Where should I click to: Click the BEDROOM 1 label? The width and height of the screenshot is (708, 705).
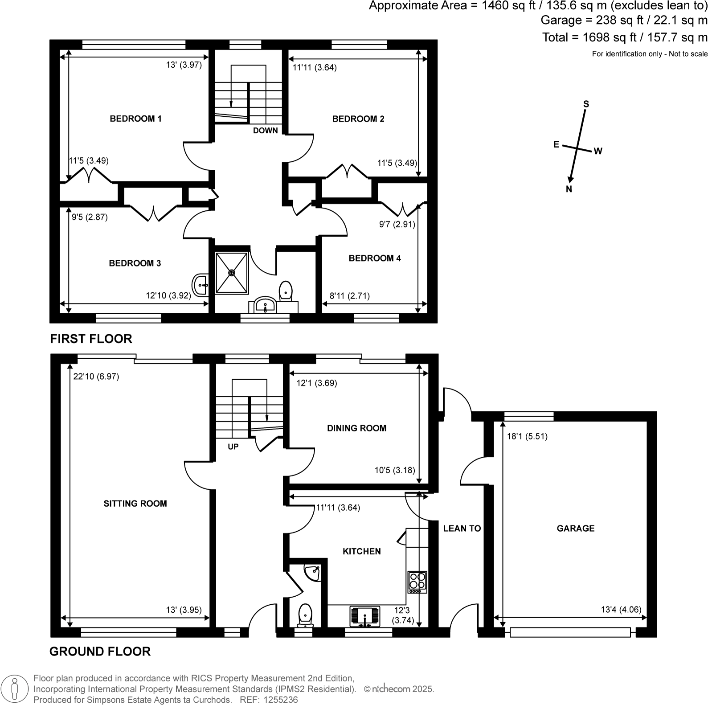135,119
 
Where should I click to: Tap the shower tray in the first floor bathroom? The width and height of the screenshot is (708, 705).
232,273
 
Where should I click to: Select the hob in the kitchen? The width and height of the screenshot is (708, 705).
417,582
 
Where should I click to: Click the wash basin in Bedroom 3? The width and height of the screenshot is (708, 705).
201,285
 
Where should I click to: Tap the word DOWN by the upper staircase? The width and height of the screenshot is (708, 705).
265,131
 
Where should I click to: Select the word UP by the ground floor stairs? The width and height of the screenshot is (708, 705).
233,447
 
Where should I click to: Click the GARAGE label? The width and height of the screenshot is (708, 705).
575,529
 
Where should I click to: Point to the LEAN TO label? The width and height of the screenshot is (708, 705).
462,529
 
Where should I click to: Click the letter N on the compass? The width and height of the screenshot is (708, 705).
569,189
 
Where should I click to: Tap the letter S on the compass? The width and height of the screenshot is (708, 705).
586,104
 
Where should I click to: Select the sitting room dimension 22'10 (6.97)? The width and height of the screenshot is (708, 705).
96,377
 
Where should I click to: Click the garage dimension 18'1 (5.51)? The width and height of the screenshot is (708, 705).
527,436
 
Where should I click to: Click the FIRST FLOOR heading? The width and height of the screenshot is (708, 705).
91,339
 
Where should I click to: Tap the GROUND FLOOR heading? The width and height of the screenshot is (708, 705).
100,652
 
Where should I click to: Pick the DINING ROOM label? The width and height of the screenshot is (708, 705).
356,428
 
